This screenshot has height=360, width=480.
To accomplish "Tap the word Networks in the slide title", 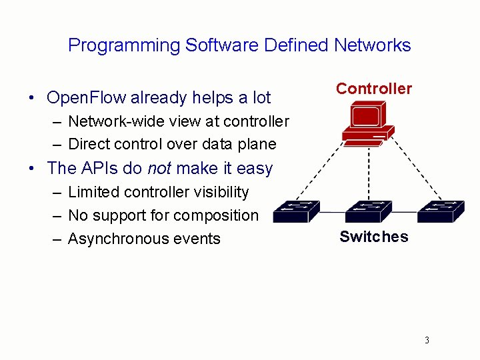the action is click(372, 45).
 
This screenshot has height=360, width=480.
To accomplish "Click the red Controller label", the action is click(373, 89).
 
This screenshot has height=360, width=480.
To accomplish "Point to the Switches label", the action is click(373, 237).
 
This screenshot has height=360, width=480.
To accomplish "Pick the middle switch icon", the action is click(369, 211).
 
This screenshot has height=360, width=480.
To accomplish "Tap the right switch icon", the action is click(440, 211).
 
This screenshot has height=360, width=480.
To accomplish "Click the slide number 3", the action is click(427, 341).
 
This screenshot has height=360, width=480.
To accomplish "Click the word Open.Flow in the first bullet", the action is click(86, 98).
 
